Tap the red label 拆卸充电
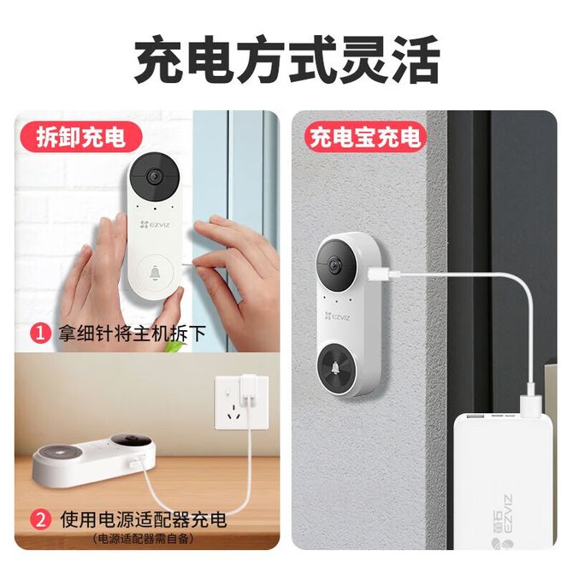(x=80, y=137)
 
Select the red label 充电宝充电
(x=365, y=137)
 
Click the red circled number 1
(x=40, y=334)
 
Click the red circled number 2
(x=40, y=519)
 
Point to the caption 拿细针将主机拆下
(x=132, y=334)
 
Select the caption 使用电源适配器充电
(x=144, y=519)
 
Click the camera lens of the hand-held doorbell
(x=154, y=176)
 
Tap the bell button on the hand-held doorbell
(x=155, y=273)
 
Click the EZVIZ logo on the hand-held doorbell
(x=155, y=224)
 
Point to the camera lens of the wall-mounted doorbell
(x=334, y=265)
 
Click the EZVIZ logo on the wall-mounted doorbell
(x=337, y=316)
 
